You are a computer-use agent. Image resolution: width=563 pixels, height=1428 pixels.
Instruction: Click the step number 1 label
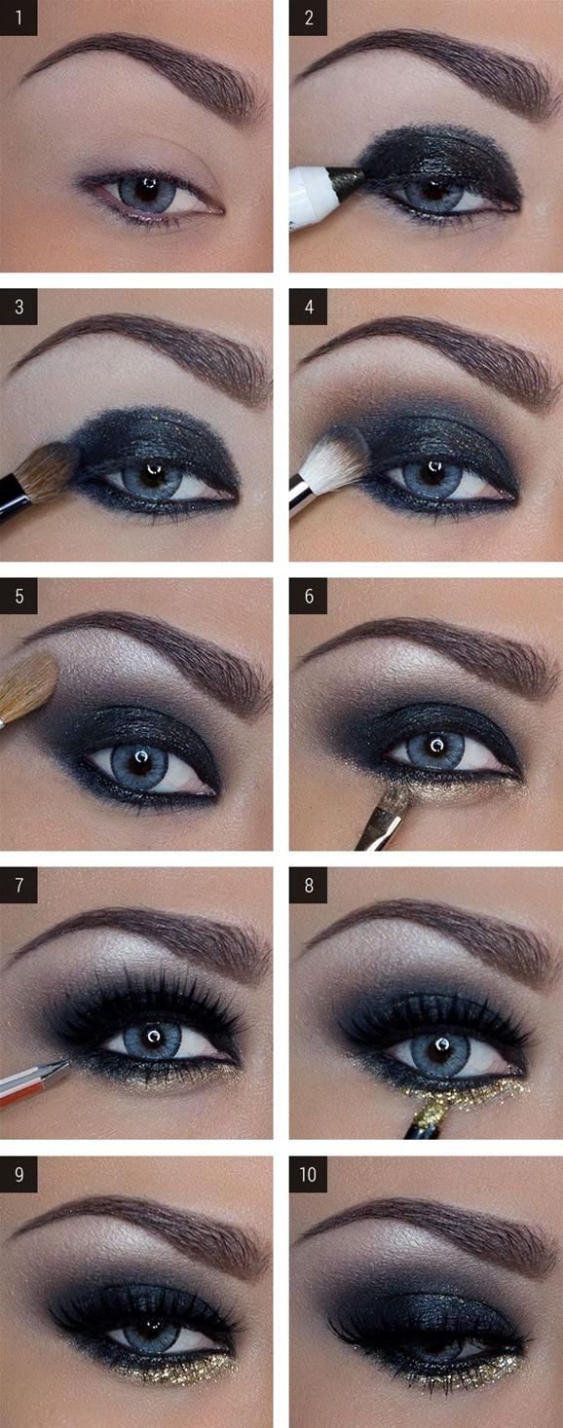pyautogui.click(x=18, y=18)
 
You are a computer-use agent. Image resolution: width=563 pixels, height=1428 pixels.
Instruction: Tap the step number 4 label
pyautogui.click(x=308, y=306)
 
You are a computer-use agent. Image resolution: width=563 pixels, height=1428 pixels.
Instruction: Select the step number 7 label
pyautogui.click(x=18, y=887)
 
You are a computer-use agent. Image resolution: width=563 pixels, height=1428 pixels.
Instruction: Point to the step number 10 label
pyautogui.click(x=308, y=1175)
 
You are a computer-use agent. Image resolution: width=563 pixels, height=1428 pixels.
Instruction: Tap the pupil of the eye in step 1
pyautogui.click(x=146, y=187)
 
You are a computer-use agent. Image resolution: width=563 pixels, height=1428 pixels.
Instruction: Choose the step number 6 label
pyautogui.click(x=308, y=597)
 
